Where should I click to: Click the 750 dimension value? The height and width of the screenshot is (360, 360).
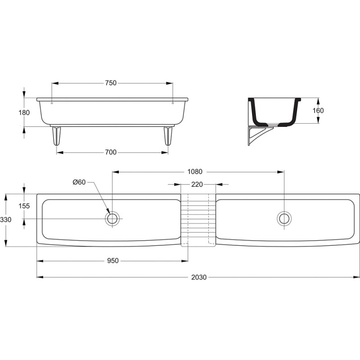111,83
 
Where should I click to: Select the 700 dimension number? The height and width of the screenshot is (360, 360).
111,152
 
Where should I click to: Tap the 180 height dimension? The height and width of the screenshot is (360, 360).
24,112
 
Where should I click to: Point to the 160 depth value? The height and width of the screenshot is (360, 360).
318,111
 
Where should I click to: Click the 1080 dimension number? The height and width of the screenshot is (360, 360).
195,172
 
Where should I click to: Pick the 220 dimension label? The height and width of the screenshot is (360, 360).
197,184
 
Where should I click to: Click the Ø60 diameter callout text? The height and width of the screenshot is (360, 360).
79,182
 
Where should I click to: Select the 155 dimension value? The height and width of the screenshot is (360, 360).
24,206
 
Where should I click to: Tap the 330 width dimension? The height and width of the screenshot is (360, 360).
6,220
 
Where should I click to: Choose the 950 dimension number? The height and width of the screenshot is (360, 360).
113,261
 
